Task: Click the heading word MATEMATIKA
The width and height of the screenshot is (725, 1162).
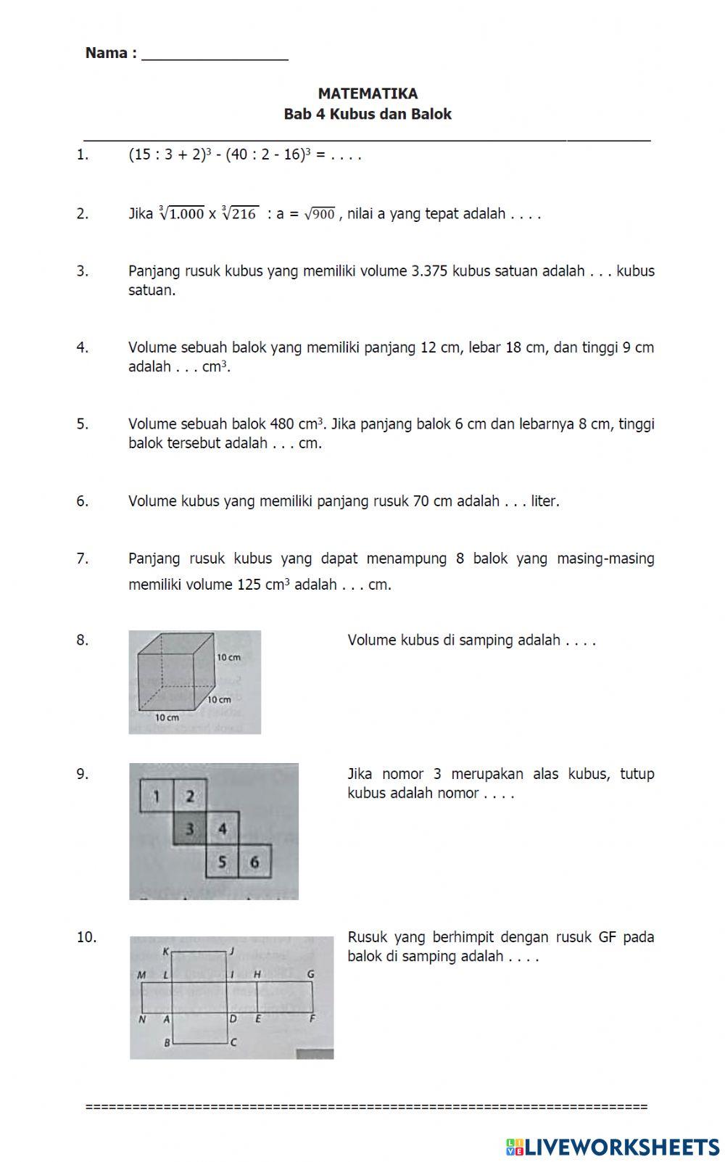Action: [x=368, y=94]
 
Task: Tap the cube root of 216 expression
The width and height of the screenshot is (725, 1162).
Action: [x=241, y=213]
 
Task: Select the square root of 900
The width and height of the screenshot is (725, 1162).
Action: [x=320, y=214]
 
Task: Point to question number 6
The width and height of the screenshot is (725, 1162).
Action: [x=83, y=501]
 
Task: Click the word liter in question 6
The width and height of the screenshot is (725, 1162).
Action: [x=544, y=501]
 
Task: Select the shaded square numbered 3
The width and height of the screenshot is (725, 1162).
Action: [x=190, y=829]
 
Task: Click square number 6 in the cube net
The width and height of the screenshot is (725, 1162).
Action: [x=254, y=862]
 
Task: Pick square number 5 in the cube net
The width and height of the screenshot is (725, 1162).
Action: [x=223, y=862]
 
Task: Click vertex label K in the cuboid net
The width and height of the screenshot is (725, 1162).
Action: [x=165, y=951]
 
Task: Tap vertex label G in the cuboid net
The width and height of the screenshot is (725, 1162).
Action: [x=310, y=974]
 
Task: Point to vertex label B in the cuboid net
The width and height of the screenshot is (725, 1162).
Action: [x=167, y=1043]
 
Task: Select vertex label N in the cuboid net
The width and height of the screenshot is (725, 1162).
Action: [x=142, y=1019]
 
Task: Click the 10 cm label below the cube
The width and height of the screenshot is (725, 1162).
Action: [x=167, y=717]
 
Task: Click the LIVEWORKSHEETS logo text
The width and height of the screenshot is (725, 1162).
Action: [x=621, y=1146]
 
